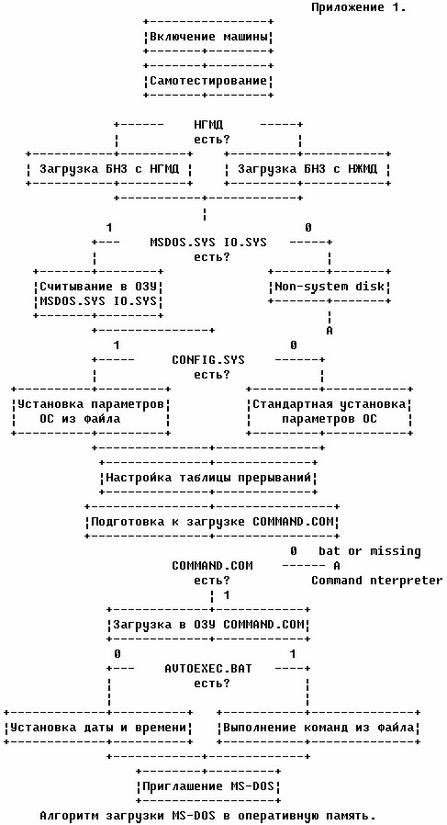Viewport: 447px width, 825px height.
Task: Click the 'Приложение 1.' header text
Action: coord(359,7)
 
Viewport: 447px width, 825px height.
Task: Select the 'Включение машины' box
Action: coord(208,38)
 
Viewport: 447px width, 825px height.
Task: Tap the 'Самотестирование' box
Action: coord(208,81)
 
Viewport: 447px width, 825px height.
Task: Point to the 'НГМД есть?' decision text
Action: coord(208,132)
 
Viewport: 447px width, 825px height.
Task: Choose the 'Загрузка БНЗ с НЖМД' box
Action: coord(307,169)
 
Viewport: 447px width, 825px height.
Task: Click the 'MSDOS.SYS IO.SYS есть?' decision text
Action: coord(208,250)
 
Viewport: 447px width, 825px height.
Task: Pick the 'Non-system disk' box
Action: coord(330,287)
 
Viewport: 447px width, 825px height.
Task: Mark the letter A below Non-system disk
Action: coord(330,331)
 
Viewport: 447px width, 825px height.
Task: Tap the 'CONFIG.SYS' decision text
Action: coord(208,360)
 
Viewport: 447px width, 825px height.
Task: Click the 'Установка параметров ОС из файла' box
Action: coord(91,412)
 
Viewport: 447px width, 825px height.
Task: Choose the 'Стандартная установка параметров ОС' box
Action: coord(330,412)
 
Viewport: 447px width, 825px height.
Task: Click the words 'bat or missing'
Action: coord(370,551)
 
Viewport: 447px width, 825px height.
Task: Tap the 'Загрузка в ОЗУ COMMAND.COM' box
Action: coord(208,625)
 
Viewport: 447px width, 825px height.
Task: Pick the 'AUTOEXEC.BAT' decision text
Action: coord(208,669)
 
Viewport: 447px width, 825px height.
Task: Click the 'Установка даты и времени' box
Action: coord(98,728)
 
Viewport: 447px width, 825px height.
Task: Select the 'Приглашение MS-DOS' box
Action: coord(208,786)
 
